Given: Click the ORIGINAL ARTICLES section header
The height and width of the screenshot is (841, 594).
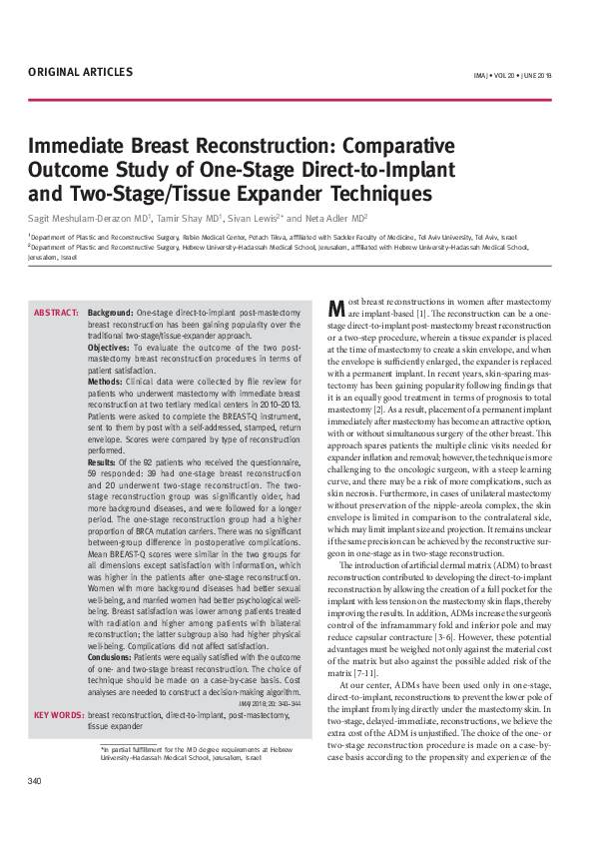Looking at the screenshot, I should (80, 72).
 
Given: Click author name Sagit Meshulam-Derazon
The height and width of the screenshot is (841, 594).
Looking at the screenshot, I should (85, 217).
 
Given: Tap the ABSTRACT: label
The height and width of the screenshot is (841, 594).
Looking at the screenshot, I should (57, 313).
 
